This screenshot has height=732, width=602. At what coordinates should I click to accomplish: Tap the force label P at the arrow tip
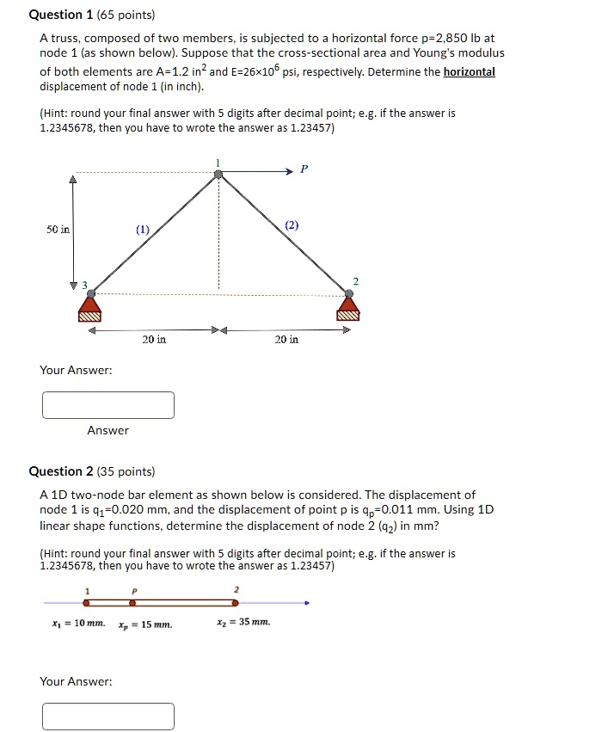coord(302,169)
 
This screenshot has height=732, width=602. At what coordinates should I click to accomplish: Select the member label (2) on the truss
coord(292,225)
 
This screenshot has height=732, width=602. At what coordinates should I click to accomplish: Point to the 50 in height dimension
coord(58,230)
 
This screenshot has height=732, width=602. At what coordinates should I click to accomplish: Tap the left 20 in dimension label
coord(154,340)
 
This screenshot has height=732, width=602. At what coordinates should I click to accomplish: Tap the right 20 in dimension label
coord(286,340)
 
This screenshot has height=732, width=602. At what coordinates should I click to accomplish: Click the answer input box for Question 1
coord(108,405)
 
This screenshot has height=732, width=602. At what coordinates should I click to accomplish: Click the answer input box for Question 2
coord(108,716)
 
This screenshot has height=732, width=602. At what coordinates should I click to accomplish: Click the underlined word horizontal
coord(469,71)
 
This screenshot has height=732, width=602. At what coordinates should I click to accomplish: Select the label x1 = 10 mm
coord(78,622)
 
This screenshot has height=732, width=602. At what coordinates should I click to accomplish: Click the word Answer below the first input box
coord(107,430)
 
